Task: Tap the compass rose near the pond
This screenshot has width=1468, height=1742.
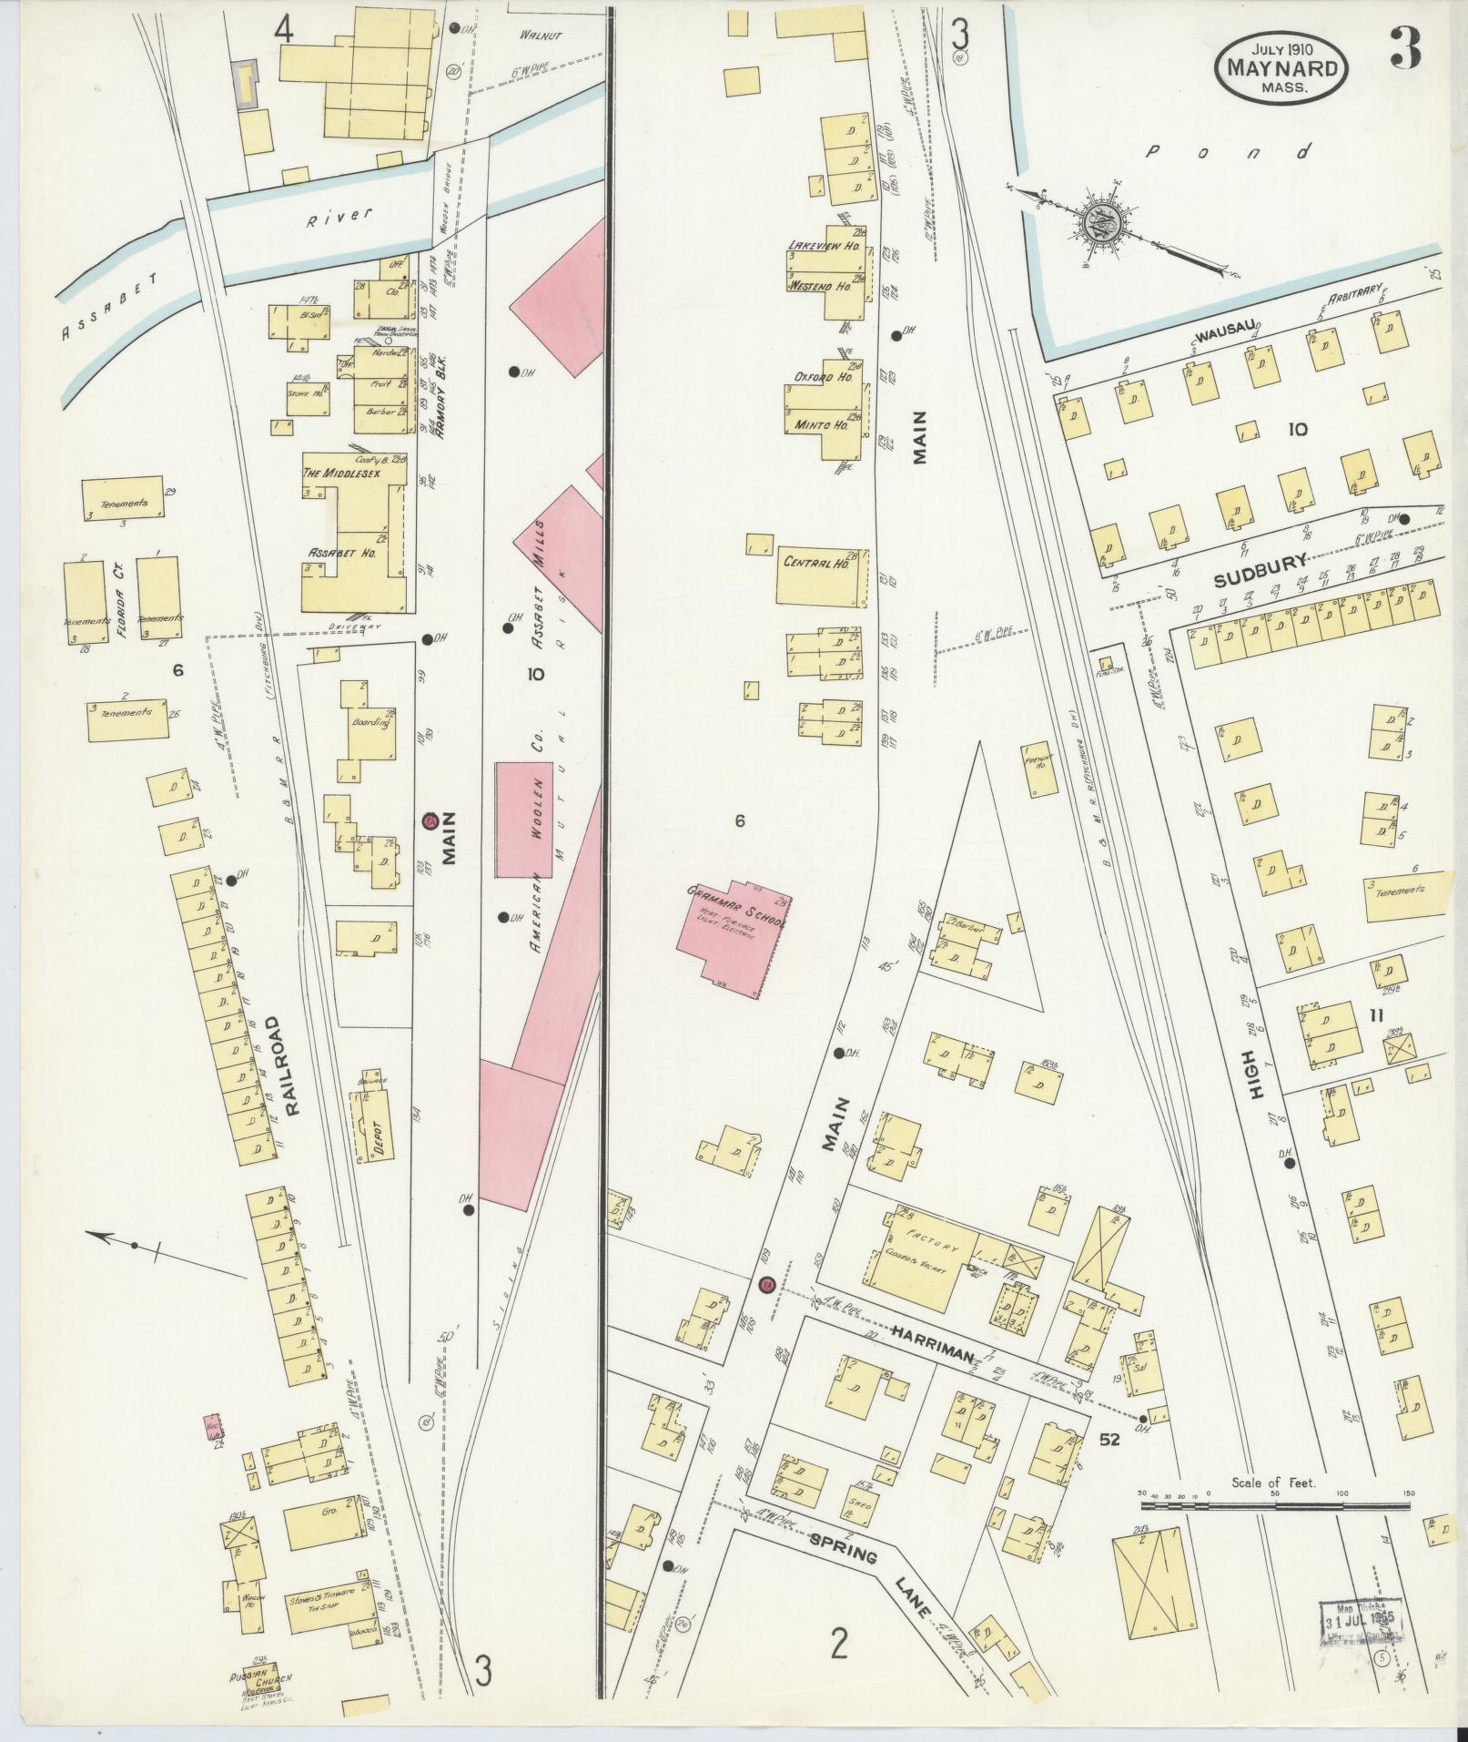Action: (1102, 222)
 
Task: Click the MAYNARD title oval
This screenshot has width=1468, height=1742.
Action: (1281, 67)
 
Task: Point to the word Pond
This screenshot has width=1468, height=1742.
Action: (1229, 152)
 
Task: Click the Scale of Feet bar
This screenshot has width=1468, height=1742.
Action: (1274, 1494)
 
